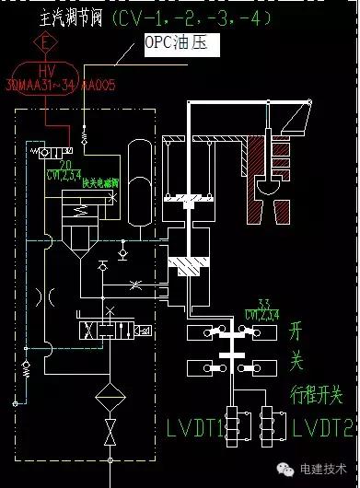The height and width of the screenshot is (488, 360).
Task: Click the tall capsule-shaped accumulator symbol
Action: [138, 171]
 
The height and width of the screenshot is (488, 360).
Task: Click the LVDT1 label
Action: [199, 427]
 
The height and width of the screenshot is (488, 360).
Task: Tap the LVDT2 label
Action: [322, 428]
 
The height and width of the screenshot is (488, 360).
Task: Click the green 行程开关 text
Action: [317, 396]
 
